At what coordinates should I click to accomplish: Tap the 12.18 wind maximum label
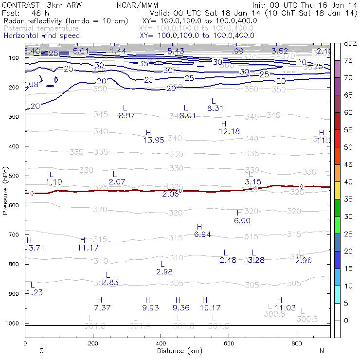pos(230,131)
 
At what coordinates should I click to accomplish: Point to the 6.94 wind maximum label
pos(202,234)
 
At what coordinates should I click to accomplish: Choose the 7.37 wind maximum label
pos(103,307)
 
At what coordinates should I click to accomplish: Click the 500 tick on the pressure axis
pos(13,176)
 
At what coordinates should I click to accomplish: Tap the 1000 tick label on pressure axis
pos(12,323)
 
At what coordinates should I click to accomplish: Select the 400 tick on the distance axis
pos(161,343)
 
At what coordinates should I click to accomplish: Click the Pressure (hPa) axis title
pos(5,190)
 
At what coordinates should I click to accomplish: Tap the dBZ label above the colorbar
pos(350,43)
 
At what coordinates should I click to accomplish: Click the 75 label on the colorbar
pos(349,60)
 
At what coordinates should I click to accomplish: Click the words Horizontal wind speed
pos(42,36)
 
